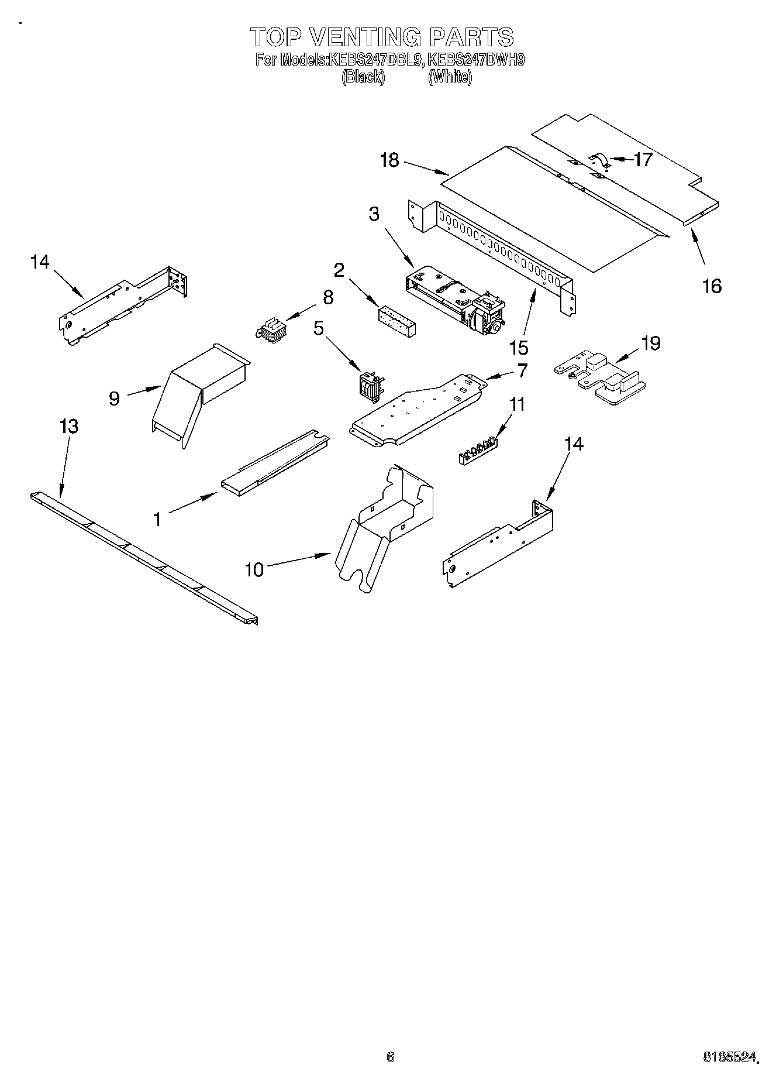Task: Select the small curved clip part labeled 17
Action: point(599,160)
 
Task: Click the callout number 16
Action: point(712,286)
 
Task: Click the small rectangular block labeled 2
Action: point(397,320)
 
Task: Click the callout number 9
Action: point(114,399)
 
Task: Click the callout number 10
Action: point(254,569)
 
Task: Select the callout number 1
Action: point(157,518)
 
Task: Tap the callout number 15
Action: point(519,348)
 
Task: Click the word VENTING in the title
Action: point(364,37)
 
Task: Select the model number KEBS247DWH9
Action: point(477,60)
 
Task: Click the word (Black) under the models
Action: point(363,77)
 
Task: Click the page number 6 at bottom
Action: point(391,1057)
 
